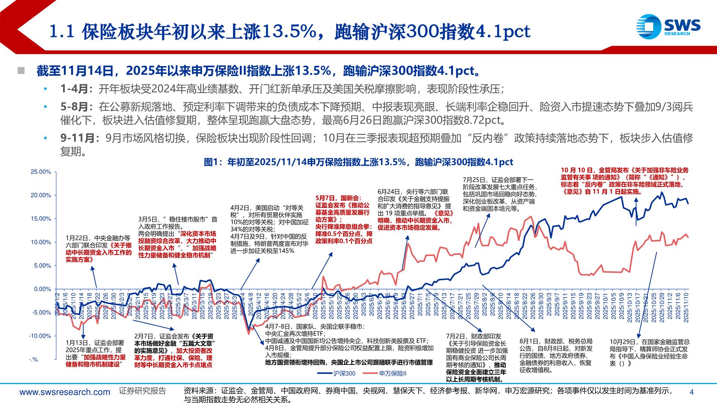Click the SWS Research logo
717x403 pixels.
pyautogui.click(x=668, y=26)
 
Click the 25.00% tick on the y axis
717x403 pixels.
pyautogui.click(x=41, y=172)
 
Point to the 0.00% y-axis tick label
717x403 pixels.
pyautogui.click(x=42, y=289)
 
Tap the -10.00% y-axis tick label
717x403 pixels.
pyautogui.click(x=40, y=336)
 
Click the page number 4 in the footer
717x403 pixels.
pyautogui.click(x=691, y=392)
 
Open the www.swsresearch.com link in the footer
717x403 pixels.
pyautogui.click(x=65, y=392)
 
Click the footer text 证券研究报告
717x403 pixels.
pyautogui.click(x=142, y=391)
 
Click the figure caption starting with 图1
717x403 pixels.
pyautogui.click(x=358, y=162)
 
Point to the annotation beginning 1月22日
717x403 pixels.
pyautogui.click(x=98, y=249)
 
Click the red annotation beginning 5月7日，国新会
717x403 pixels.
pyautogui.click(x=344, y=219)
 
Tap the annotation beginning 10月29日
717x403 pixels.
pyautogui.click(x=649, y=352)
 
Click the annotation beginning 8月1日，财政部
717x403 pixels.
pyautogui.click(x=556, y=355)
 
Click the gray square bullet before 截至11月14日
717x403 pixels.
pyautogui.click(x=21, y=71)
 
